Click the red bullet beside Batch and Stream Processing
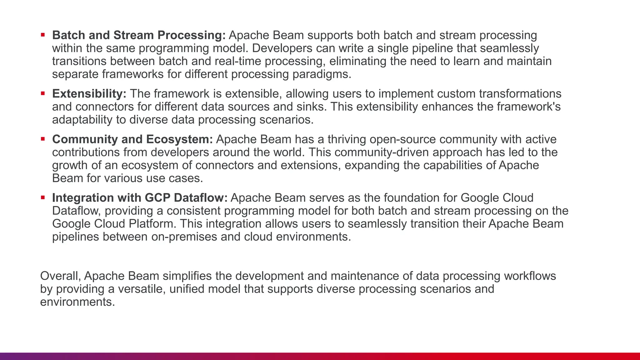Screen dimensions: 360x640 point(43,35)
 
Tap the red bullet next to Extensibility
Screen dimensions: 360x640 point(43,93)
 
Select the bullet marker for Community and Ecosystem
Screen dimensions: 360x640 point(43,139)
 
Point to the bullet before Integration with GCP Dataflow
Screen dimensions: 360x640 point(43,197)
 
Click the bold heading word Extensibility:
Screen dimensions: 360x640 point(89,94)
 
